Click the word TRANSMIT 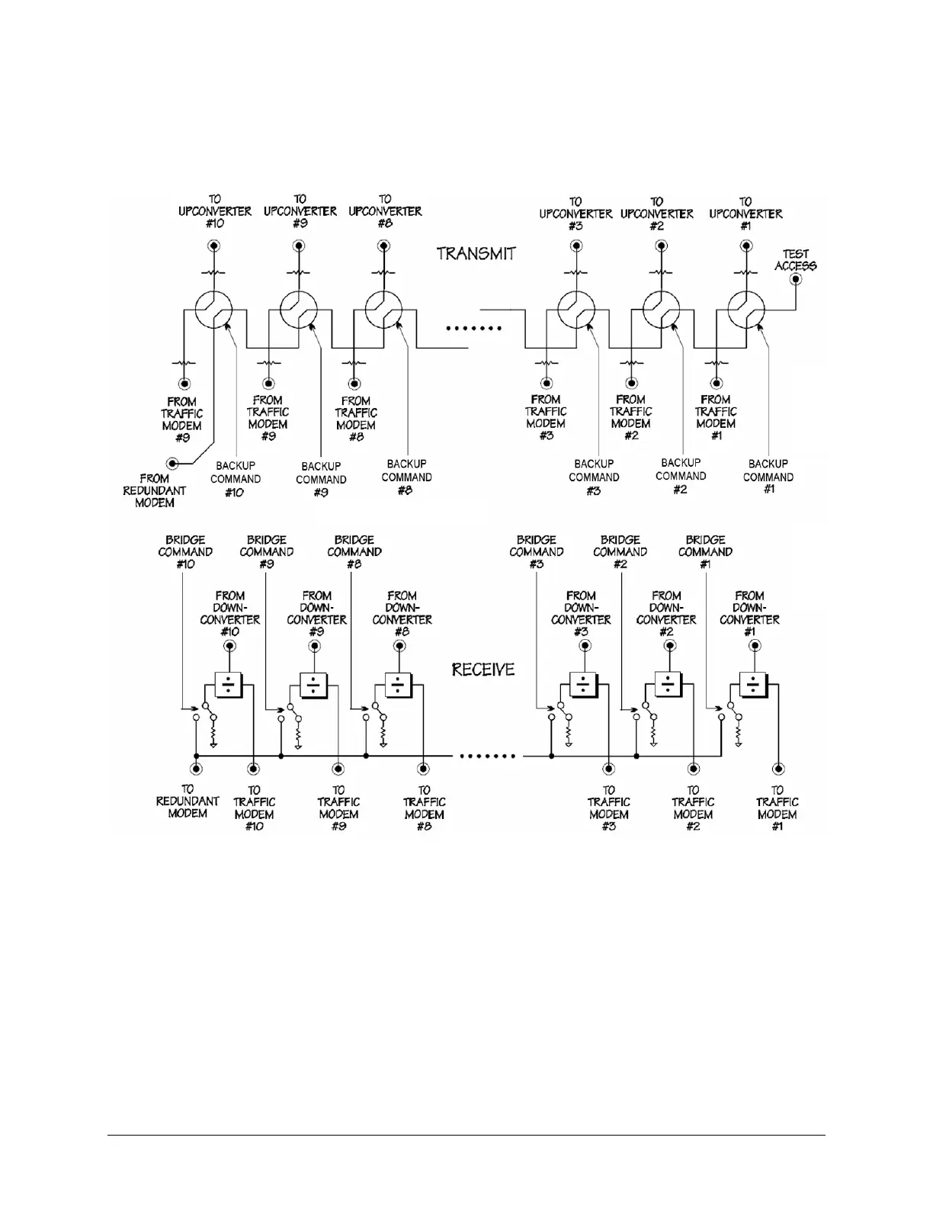pos(476,253)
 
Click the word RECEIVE pos(483,670)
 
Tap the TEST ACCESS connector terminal pos(796,280)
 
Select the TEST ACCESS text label pos(796,260)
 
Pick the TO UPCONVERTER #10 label pos(215,211)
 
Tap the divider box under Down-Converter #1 pos(753,684)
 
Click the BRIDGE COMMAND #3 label pos(537,551)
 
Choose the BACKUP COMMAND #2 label pos(681,476)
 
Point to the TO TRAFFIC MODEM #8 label pos(425,808)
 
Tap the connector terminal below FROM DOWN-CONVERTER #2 pos(669,646)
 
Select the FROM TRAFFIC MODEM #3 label pos(546,417)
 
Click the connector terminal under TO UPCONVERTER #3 pos(576,246)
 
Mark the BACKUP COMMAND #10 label pos(236,479)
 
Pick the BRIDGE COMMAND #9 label pos(267,551)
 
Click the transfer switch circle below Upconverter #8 pos(383,310)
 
